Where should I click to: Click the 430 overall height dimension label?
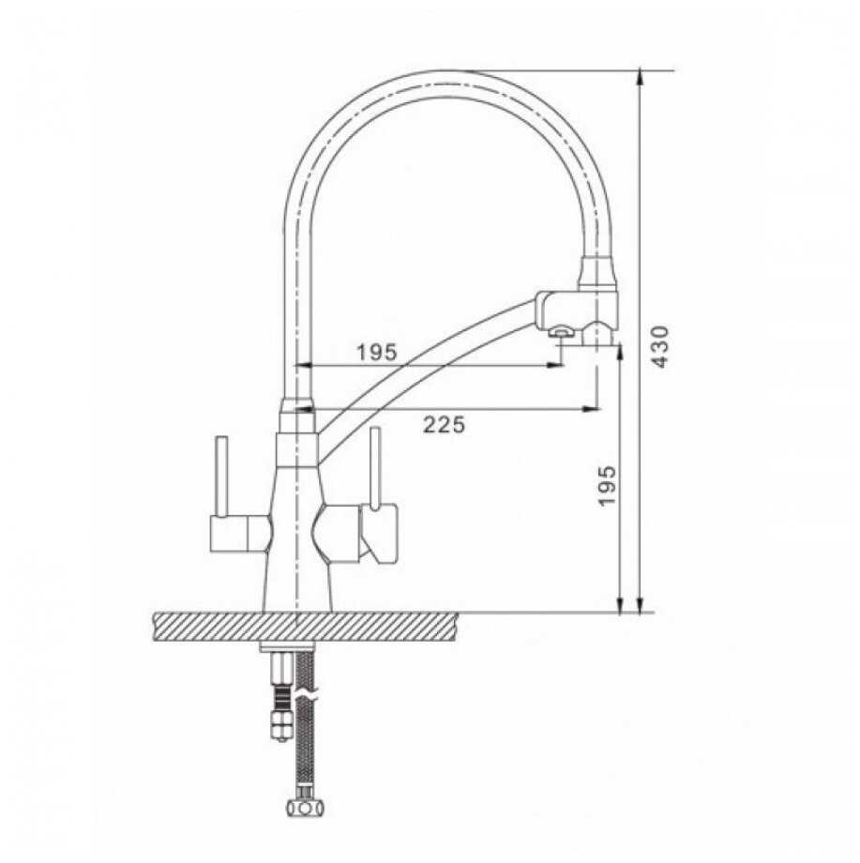(x=659, y=347)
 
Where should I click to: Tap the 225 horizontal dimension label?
(x=444, y=424)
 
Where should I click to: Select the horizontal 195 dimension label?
(x=377, y=352)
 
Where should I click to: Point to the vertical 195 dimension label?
(x=606, y=485)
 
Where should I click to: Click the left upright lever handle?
(x=221, y=477)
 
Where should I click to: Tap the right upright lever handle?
(x=376, y=468)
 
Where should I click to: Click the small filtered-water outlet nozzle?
(x=561, y=331)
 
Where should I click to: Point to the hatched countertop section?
(x=305, y=627)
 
